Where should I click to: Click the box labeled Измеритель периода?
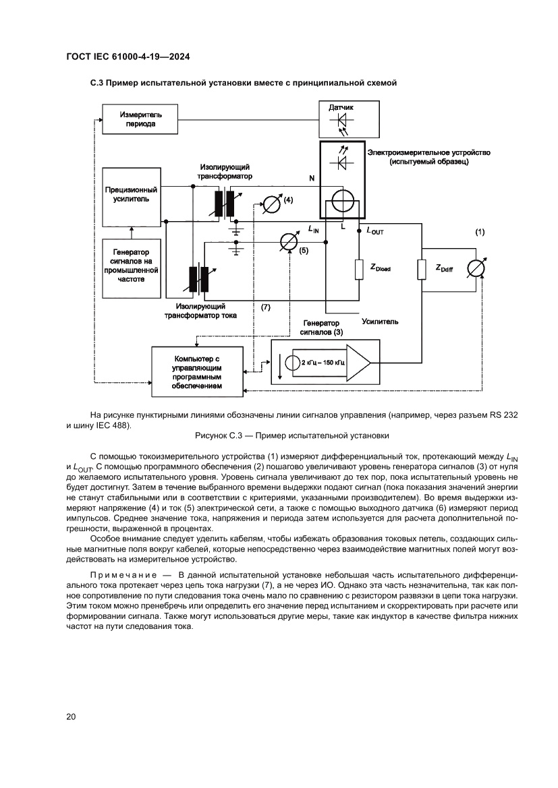[140, 119]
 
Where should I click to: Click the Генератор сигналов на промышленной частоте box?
[132, 268]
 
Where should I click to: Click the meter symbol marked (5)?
[288, 242]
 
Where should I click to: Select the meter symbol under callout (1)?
[476, 268]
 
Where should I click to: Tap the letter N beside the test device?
[311, 179]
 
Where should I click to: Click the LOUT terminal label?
[374, 231]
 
